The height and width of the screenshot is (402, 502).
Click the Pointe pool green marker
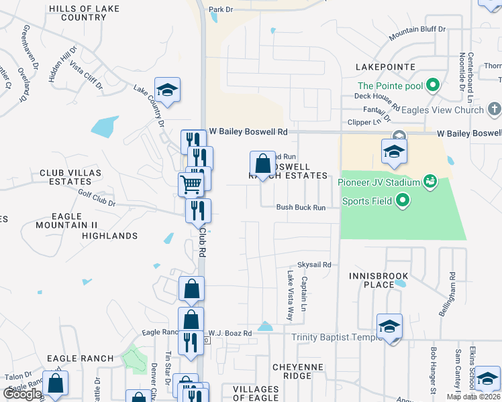point(433,85)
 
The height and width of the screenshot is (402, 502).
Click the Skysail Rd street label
point(315,265)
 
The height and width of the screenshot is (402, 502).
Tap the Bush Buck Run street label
point(301,208)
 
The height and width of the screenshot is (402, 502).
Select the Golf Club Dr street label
point(97,203)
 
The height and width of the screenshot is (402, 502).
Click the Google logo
point(23,394)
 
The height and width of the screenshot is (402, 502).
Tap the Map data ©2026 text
point(473,397)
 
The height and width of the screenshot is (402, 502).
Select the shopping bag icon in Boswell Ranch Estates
point(262,163)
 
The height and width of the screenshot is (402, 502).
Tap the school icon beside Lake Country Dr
point(167,90)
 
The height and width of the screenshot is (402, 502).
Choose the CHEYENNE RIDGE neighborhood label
point(298,372)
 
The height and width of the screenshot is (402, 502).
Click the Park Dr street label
point(220,10)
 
